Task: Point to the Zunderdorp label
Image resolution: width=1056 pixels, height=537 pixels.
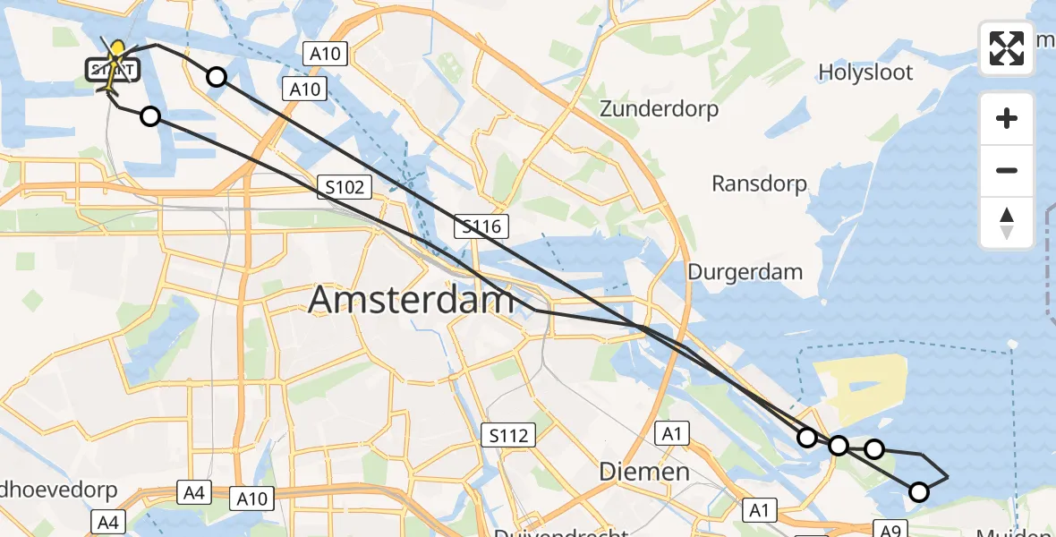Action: tap(659, 110)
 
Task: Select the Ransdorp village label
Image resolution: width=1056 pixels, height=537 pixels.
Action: tap(759, 184)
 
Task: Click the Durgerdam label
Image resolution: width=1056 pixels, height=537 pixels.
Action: tap(745, 271)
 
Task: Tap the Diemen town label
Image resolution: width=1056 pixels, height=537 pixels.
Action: tap(644, 471)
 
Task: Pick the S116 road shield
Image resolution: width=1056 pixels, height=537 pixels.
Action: tap(481, 226)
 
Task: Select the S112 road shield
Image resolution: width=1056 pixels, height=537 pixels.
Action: tap(507, 436)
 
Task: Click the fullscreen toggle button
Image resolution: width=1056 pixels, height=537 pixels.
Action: tap(1007, 48)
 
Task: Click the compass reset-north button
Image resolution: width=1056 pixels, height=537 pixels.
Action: tap(1007, 223)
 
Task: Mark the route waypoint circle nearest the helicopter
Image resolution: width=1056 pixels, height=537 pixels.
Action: tap(150, 115)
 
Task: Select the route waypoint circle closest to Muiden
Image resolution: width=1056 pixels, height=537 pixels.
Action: tap(918, 491)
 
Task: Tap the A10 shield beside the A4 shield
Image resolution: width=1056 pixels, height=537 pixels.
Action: tap(251, 499)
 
